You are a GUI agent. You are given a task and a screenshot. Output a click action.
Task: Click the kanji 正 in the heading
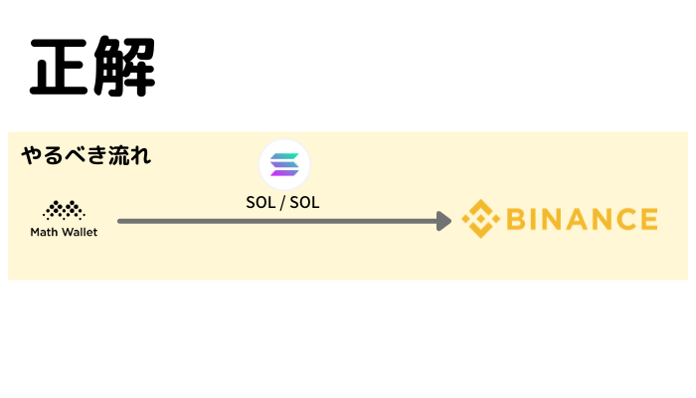[x=59, y=67]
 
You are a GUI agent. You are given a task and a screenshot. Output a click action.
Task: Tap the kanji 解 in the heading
[x=124, y=67]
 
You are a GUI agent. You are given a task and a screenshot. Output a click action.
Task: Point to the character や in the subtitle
[x=32, y=155]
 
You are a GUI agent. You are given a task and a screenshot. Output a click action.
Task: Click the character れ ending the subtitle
[x=140, y=155]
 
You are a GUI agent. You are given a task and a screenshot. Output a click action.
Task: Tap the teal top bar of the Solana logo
[x=284, y=156]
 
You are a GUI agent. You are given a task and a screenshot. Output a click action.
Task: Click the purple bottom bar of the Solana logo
[x=284, y=173]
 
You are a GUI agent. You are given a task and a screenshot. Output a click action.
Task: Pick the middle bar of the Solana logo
[x=284, y=164]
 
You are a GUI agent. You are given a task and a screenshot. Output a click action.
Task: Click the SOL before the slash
[x=261, y=203]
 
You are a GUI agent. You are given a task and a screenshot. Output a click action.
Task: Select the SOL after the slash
[x=304, y=203]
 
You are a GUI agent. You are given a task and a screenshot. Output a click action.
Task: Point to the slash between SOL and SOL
[x=282, y=203]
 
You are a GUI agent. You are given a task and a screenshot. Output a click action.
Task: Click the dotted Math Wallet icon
[x=64, y=210]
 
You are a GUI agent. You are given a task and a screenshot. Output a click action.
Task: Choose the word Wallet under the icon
[x=80, y=232]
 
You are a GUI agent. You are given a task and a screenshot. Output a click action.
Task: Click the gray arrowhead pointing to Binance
[x=443, y=221]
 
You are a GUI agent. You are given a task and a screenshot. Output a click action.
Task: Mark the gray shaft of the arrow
[x=277, y=221]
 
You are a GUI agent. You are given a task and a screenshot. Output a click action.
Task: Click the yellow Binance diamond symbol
[x=480, y=219]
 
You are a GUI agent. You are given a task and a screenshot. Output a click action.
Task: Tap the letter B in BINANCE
[x=517, y=219]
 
